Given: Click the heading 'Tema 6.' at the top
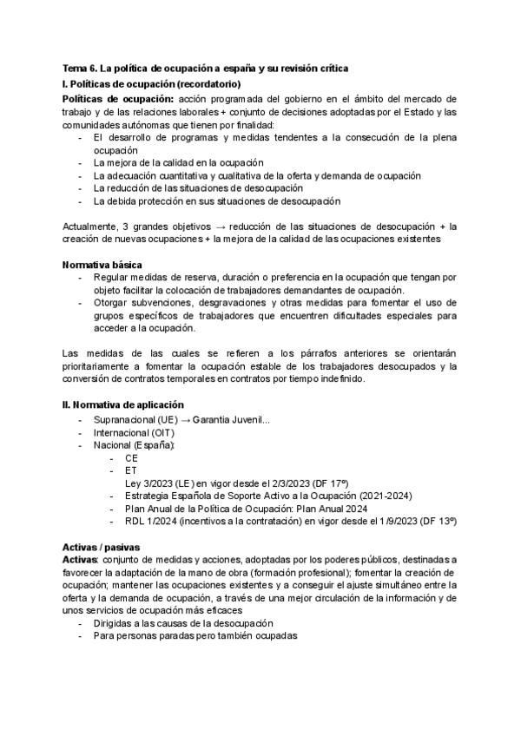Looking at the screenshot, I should coord(82,68).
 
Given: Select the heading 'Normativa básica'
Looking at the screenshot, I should coord(102,264).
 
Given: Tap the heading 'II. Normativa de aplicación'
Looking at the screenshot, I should coord(122,404).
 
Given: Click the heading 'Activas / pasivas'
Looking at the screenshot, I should coord(100,548).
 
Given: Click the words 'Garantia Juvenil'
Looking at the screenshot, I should coord(231,420).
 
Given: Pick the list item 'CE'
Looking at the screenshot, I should coord(131,457).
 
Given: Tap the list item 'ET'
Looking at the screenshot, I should coord(130,470).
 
